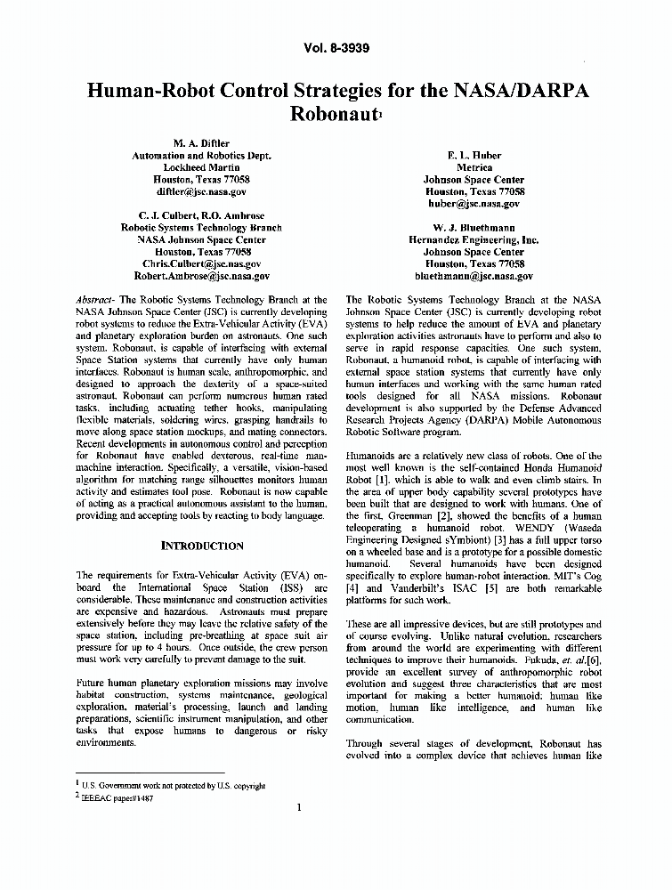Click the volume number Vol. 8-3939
336,48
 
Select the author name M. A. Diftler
201,142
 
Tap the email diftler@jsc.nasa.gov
201,191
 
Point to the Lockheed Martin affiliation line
201,167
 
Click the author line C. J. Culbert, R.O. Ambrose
201,215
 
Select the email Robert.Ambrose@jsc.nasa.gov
201,276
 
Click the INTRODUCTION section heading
201,546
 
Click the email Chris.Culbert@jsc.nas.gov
201,264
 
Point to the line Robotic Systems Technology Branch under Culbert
201,228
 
